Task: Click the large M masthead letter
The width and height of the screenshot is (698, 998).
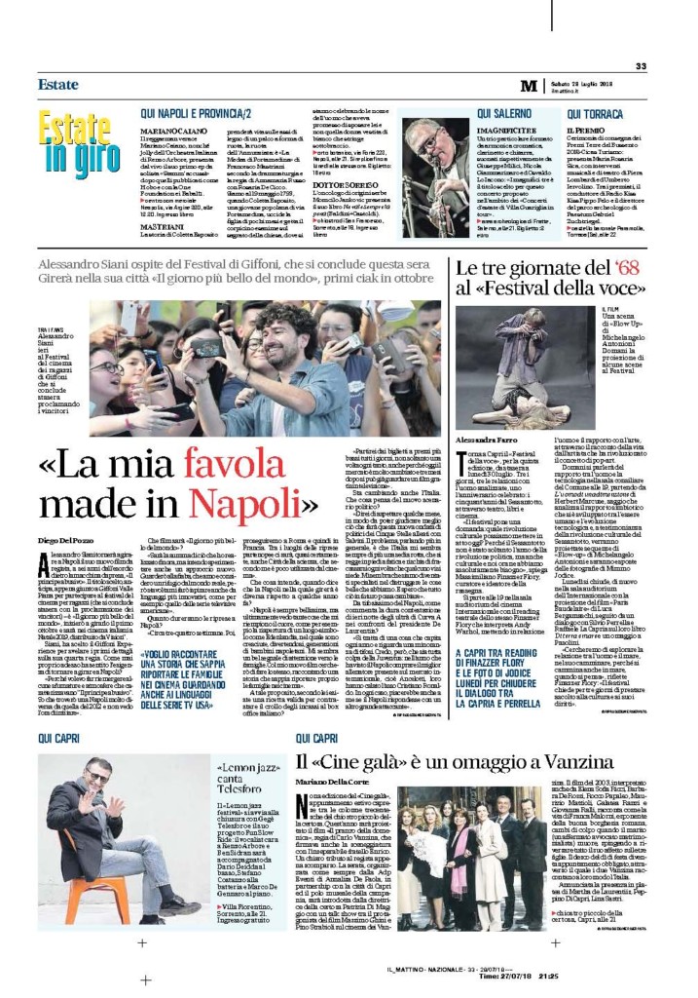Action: [528, 86]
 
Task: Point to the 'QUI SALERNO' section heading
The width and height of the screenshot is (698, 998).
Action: [499, 113]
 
